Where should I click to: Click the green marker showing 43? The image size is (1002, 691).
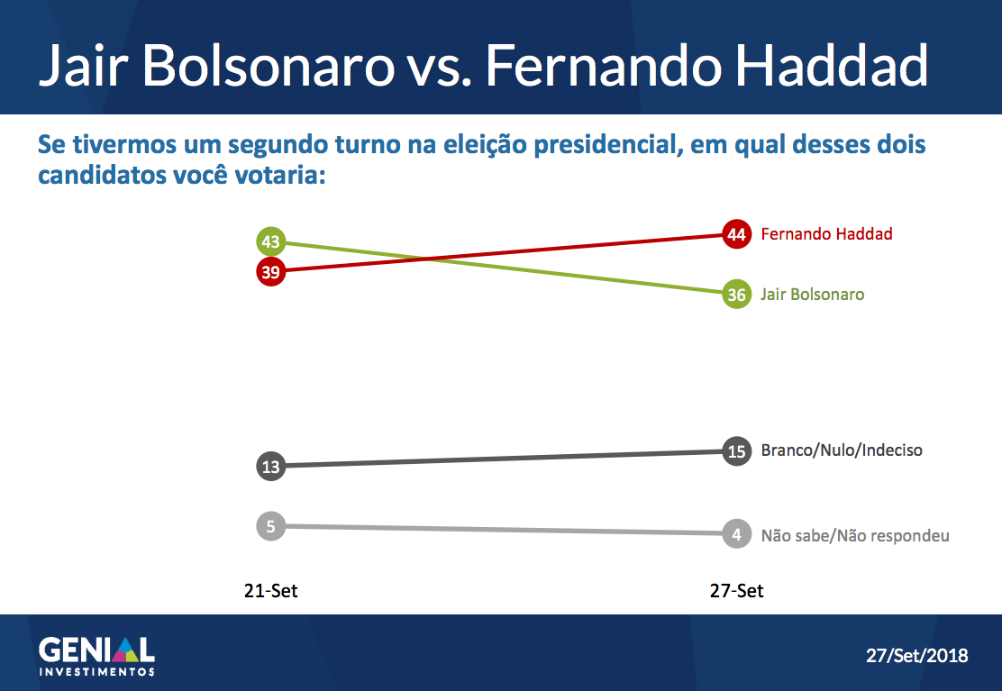click(271, 241)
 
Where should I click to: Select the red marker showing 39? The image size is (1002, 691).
click(271, 271)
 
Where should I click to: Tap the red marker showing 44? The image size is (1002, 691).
click(736, 233)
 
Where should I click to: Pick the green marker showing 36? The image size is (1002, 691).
click(736, 294)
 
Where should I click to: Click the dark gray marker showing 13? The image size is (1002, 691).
click(271, 466)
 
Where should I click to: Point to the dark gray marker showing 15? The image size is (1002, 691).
click(736, 450)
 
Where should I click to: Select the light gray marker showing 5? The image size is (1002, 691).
click(271, 526)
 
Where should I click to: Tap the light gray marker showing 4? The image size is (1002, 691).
click(736, 533)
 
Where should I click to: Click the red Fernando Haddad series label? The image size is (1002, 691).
click(826, 233)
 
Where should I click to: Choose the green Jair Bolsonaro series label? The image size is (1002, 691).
click(812, 294)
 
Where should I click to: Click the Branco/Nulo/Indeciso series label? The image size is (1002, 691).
click(841, 450)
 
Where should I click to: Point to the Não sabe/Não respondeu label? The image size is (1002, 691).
click(854, 535)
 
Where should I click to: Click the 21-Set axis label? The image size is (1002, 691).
click(271, 591)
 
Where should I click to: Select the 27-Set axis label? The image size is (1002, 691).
click(736, 591)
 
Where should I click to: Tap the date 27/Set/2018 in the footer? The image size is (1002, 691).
click(916, 655)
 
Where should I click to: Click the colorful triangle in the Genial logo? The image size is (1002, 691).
click(125, 650)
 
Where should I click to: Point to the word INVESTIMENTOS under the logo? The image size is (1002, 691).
click(97, 671)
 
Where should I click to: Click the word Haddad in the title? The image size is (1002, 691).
click(831, 65)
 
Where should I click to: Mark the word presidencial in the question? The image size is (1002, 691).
click(605, 145)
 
